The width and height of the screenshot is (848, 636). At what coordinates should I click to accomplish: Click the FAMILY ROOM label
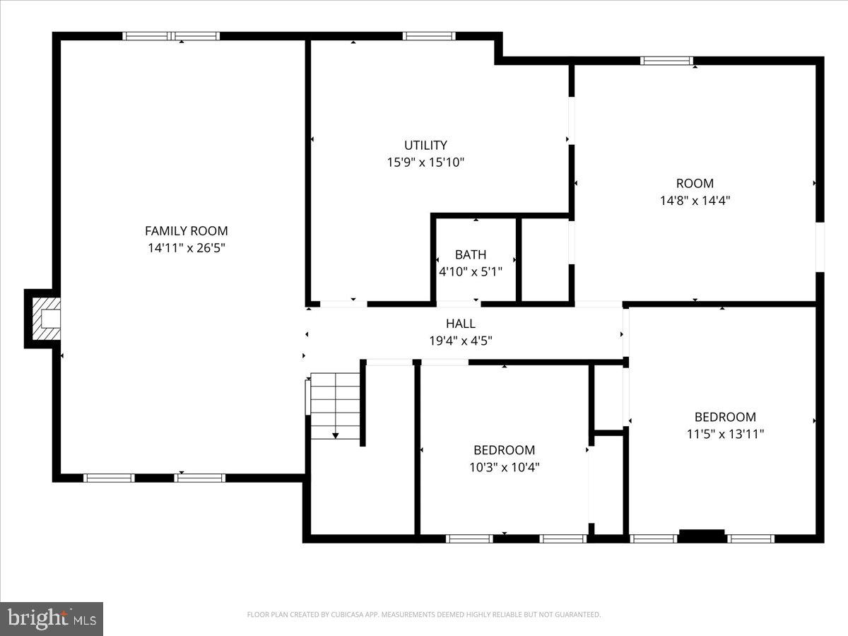pos(186,230)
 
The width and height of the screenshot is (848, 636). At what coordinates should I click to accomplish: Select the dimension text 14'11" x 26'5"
pos(186,248)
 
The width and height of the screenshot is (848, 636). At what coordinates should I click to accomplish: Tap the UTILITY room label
pos(425,145)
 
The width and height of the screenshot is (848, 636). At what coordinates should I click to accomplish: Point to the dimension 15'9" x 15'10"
pos(425,162)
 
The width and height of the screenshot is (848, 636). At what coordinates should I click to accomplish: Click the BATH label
pos(470,254)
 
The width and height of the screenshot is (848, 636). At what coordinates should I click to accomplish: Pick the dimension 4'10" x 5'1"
pos(471,271)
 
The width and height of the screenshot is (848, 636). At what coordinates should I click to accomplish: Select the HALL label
pos(460,324)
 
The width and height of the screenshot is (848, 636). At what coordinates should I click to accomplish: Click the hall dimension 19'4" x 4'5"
pos(460,340)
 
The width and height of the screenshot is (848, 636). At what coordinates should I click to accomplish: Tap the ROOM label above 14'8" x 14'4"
pos(695,183)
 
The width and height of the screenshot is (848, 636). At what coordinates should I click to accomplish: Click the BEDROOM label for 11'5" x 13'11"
pos(725,417)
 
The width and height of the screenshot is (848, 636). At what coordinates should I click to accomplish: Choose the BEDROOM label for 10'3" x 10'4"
pos(504,450)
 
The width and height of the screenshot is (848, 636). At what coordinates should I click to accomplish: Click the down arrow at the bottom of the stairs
pos(336,435)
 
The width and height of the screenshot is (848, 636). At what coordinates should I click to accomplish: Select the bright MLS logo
pos(52,618)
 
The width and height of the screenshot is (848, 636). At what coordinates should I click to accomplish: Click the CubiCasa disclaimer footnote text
pos(424,615)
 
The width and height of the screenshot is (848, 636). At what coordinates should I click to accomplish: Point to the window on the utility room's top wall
pos(428,36)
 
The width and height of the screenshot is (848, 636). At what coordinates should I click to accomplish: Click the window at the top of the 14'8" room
pos(666,61)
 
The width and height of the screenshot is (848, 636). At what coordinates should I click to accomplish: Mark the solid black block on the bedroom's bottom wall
pos(702,535)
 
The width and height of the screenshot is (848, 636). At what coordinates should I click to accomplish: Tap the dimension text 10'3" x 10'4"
pos(504,467)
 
